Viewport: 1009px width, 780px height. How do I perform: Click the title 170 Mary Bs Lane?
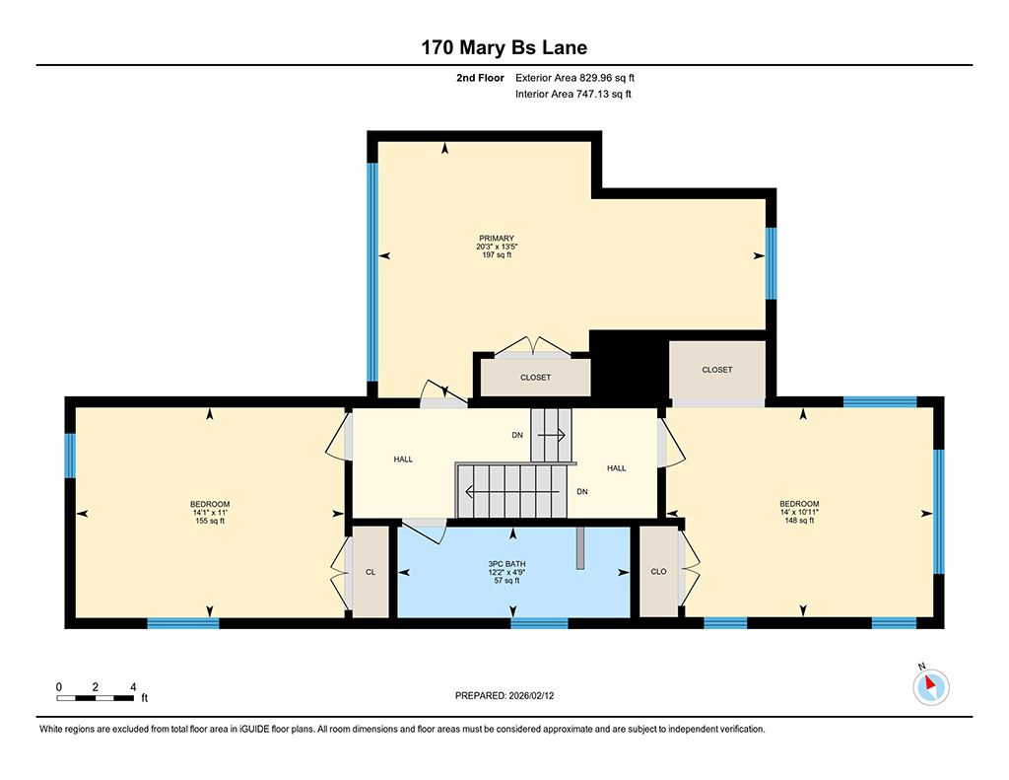(x=504, y=47)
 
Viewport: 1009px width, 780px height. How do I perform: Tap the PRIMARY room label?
(x=497, y=239)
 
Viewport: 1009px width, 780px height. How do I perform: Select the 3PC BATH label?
(x=507, y=564)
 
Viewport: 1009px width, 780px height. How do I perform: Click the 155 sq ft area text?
(x=210, y=521)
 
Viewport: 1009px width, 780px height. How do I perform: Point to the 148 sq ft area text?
(x=799, y=521)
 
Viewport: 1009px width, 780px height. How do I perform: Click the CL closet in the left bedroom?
(x=370, y=572)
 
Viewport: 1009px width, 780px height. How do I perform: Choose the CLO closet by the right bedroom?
(x=658, y=571)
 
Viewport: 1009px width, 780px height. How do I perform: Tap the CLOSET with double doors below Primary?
(x=535, y=378)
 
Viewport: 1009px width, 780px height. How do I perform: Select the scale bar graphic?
(x=96, y=698)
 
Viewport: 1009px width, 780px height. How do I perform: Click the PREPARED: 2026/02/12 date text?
(x=504, y=695)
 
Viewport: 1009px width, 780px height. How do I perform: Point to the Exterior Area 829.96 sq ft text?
(x=574, y=78)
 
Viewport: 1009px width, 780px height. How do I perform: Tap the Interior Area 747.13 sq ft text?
(x=573, y=94)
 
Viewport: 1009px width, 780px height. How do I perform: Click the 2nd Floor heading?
(x=480, y=78)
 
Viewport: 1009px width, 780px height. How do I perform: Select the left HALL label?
(x=403, y=460)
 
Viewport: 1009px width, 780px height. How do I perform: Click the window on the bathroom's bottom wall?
(x=539, y=623)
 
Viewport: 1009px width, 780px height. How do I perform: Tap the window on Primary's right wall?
(x=771, y=262)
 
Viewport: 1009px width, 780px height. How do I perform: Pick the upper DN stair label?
(x=517, y=436)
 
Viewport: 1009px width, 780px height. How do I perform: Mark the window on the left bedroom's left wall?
(x=70, y=456)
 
